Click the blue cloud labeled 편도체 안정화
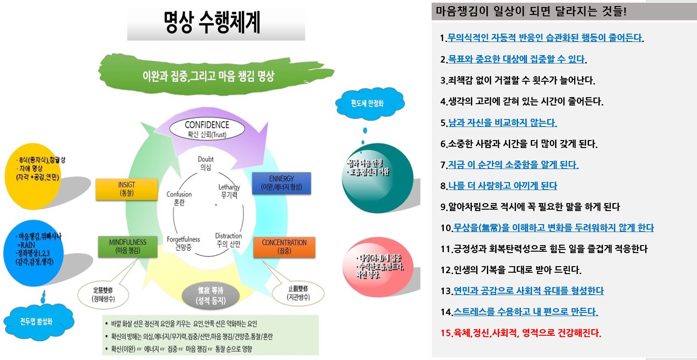pos(370,102)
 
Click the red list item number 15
pos(521,333)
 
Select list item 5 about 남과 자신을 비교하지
pos(499,123)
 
